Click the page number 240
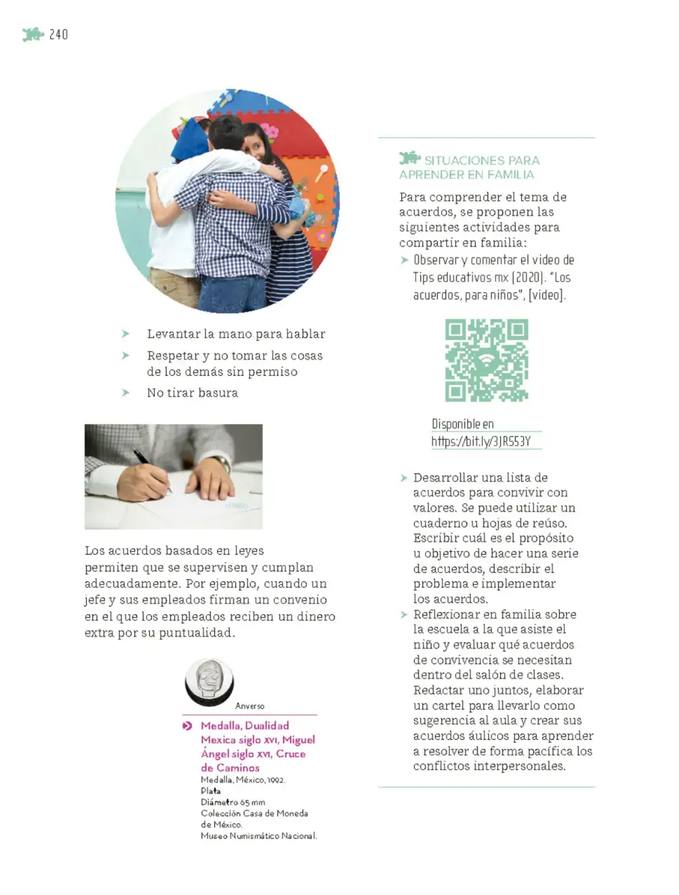59,34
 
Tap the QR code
486,360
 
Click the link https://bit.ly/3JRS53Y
481,441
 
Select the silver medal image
209,682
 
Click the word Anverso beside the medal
249,706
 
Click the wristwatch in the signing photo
222,463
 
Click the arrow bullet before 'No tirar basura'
125,392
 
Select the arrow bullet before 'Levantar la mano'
125,334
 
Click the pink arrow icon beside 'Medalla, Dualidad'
187,726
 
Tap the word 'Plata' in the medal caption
211,790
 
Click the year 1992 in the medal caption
276,779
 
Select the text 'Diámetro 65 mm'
233,802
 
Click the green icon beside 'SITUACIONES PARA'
410,158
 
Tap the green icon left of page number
33,34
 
